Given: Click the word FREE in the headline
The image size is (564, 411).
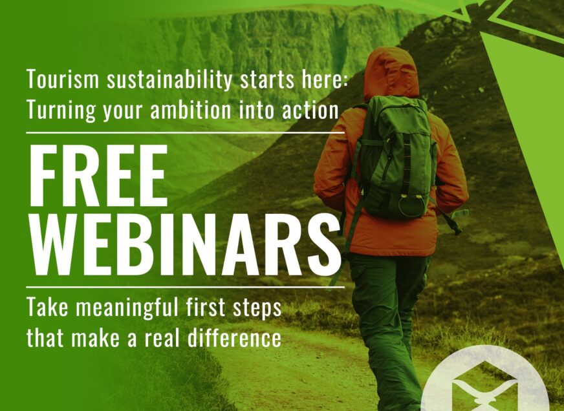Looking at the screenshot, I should [97, 176].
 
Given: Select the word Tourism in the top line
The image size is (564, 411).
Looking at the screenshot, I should [60, 81].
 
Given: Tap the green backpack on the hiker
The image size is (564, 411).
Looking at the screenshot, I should [395, 162].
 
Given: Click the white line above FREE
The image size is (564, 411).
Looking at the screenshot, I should [185, 132].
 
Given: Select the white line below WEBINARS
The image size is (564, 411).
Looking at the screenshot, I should [185, 287].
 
